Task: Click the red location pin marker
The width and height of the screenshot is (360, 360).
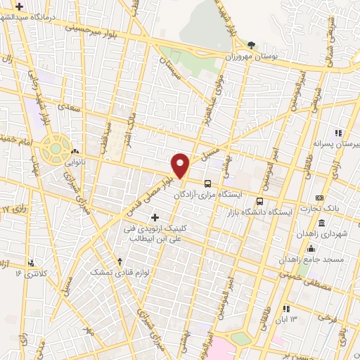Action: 181,165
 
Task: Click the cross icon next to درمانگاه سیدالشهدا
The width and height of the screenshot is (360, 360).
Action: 20,6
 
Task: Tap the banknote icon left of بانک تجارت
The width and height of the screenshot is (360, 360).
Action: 319,198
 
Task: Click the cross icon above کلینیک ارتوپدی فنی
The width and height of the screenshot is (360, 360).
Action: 155,216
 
